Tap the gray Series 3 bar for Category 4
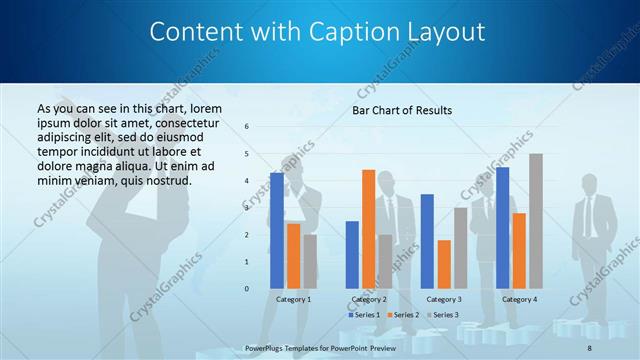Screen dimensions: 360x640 tap(535, 221)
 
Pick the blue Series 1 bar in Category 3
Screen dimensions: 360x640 tap(427, 241)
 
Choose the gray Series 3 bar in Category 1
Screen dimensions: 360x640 tap(310, 261)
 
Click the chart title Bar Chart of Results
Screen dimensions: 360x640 tap(402, 110)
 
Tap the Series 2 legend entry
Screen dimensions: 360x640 tap(402, 315)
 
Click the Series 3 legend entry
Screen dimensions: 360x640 tap(442, 315)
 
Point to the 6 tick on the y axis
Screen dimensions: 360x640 tap(247, 127)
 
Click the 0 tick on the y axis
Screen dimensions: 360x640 tap(247, 289)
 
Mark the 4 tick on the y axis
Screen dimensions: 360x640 tap(247, 181)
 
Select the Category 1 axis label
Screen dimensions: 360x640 tap(293, 299)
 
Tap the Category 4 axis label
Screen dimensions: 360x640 tap(518, 299)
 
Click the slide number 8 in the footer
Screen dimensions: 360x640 tap(590, 347)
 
